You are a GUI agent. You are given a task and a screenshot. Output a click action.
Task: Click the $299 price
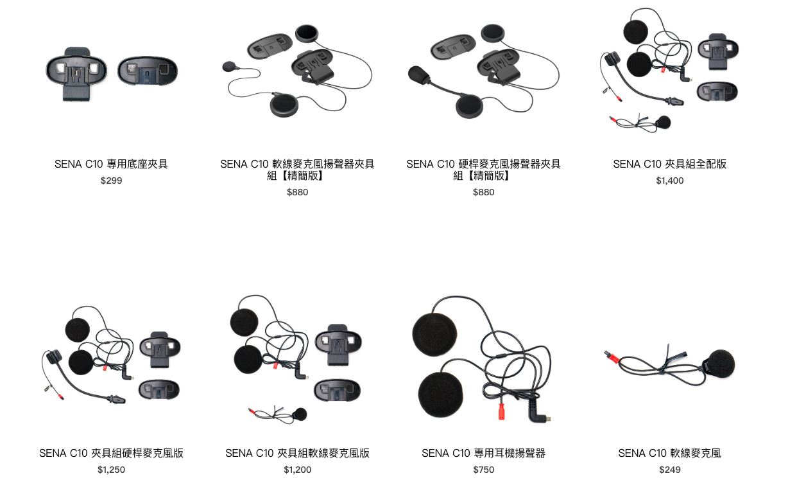coord(111,181)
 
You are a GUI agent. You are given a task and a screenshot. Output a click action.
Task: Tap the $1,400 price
coord(669,181)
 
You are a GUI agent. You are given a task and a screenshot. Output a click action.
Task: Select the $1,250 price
coord(111,470)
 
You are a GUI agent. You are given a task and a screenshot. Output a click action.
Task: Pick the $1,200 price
coord(297,470)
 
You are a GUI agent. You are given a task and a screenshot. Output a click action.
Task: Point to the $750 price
coord(483,470)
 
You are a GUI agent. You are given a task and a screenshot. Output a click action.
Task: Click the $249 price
coord(669,470)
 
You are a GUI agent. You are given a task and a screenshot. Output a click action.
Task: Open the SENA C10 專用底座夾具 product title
coord(111,164)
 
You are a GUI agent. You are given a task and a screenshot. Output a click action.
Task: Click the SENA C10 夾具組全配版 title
coord(669,164)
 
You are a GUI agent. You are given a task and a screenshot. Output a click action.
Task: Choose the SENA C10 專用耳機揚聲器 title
coord(483,453)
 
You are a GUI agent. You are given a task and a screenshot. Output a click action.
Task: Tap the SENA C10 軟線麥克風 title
coord(669,453)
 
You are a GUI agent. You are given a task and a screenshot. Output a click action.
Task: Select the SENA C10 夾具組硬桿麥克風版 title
coord(111,453)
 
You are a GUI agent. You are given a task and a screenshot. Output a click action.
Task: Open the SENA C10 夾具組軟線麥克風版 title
coord(297,453)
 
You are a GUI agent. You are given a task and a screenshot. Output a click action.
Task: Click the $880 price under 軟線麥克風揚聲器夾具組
coord(297,192)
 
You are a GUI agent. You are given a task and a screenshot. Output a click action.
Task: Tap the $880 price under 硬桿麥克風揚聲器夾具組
coord(483,192)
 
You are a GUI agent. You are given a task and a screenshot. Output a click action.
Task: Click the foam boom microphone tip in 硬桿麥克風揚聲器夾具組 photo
coord(420,75)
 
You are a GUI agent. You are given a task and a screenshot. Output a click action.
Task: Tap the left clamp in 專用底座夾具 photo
coord(76,71)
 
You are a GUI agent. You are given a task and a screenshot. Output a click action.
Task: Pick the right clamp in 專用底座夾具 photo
coord(148,71)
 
